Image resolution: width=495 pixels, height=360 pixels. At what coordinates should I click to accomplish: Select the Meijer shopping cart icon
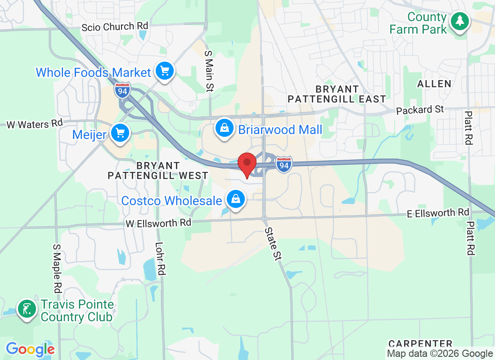120,133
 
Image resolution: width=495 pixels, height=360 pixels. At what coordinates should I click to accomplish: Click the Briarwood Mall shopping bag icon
224,128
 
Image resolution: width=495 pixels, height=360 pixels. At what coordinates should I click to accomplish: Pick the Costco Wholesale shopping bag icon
235,199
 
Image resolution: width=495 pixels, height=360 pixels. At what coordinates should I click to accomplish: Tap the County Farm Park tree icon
459,21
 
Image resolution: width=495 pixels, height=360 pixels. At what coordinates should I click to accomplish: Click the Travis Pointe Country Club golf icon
27,309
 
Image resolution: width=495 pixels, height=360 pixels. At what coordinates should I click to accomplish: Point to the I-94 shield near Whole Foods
122,90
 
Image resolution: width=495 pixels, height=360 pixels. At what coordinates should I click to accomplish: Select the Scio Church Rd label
114,27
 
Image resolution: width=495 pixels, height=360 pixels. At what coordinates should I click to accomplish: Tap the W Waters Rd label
34,124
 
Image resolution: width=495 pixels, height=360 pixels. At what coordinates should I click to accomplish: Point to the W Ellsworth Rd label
158,223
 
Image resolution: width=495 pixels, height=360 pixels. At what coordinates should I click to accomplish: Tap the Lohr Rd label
160,259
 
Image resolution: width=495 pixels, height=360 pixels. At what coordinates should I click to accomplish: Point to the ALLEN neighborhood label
434,84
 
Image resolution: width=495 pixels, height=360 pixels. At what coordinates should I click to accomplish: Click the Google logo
30,349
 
